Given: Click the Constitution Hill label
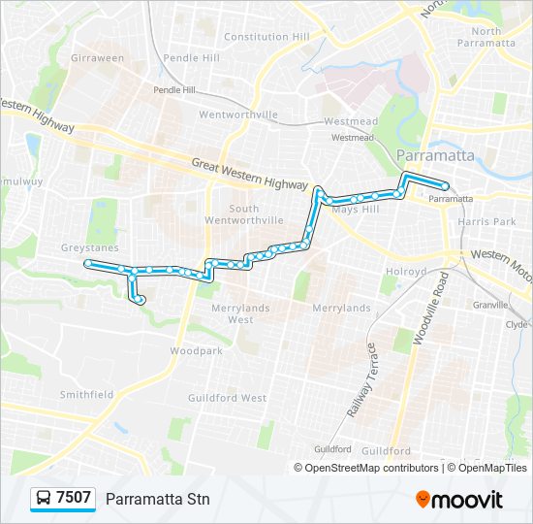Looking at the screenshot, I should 266,37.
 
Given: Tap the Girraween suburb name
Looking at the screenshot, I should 97,58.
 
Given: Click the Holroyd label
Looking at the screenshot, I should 407,272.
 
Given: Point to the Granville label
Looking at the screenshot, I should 491,304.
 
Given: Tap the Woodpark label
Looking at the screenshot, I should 196,350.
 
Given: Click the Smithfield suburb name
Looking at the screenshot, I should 87,395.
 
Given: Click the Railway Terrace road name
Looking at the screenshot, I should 358,379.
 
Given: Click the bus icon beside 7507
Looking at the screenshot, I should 44,499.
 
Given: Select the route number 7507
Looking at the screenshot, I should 74,499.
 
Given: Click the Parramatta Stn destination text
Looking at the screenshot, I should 157,499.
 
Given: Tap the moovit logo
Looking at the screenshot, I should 459,500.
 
